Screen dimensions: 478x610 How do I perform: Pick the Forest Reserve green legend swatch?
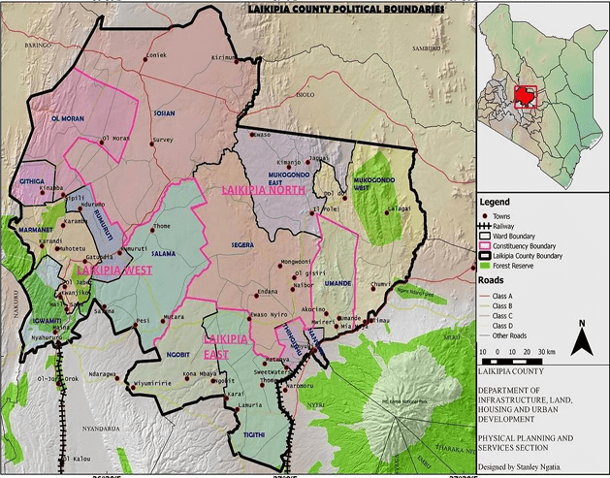(x=488, y=264)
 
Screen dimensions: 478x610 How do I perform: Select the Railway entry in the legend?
(x=488, y=225)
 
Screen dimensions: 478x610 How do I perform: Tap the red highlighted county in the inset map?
(x=525, y=96)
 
